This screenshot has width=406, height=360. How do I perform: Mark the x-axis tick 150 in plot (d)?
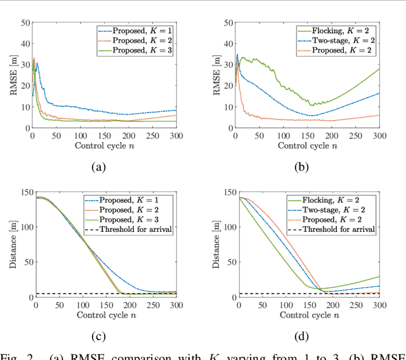pyautogui.click(x=308, y=306)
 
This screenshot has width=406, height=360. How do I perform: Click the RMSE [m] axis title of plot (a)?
pyautogui.click(x=11, y=75)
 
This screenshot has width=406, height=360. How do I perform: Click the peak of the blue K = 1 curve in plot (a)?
pyautogui.click(x=37, y=63)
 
